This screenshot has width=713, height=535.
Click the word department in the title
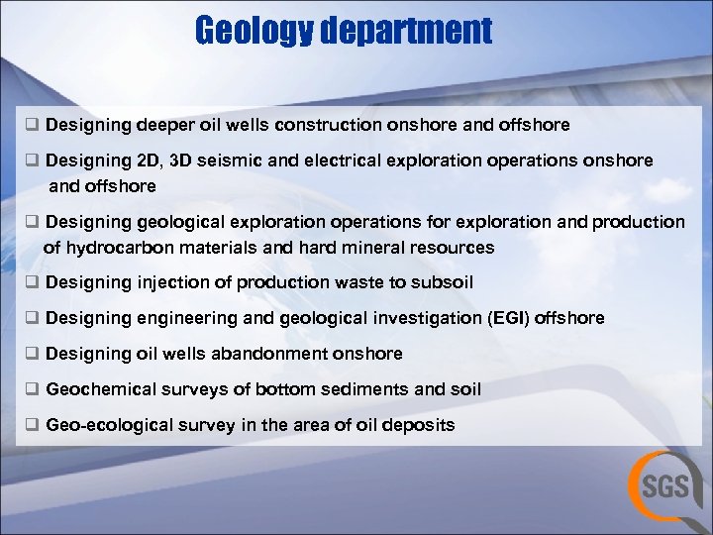pos(405,31)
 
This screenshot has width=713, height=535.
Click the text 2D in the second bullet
pos(148,160)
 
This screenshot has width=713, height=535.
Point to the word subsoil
pos(441,282)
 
